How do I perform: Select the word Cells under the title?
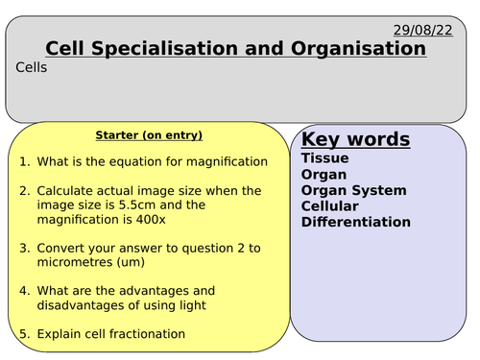pyautogui.click(x=32, y=67)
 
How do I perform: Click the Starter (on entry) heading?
pyautogui.click(x=149, y=135)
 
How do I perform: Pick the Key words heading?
pyautogui.click(x=355, y=140)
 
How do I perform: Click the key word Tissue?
pyautogui.click(x=324, y=158)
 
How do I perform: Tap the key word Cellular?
pyautogui.click(x=329, y=206)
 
